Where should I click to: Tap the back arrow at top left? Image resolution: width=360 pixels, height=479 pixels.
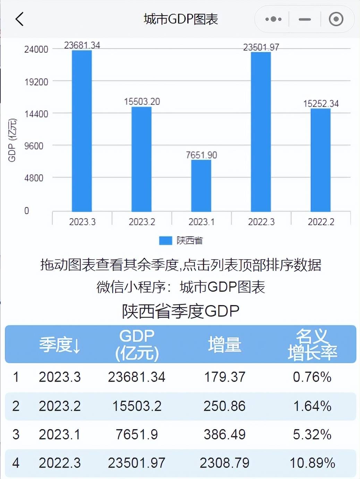point(20,19)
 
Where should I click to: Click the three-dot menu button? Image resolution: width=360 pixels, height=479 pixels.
point(273,19)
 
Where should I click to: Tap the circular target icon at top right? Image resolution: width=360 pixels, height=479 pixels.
point(336,19)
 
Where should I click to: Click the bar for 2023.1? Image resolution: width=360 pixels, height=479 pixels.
point(201,185)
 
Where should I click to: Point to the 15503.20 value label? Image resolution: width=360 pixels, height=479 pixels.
point(142,102)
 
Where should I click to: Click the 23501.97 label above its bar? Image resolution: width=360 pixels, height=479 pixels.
point(261,47)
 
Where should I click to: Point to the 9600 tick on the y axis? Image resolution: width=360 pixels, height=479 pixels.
point(34,146)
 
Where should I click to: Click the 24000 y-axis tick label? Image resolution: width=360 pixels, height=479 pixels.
point(36,49)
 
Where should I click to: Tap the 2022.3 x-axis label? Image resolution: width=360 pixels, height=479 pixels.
point(261,222)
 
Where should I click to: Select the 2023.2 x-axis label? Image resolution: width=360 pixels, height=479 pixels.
point(142,222)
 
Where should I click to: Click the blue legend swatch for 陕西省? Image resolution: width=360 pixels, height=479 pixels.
point(165,241)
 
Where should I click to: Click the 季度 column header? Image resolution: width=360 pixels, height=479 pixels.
point(59,345)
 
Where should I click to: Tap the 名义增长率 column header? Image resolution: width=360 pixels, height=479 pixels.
point(312,345)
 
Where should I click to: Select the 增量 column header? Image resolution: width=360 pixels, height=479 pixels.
point(224,345)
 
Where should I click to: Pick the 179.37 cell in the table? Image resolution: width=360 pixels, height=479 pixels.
point(224,377)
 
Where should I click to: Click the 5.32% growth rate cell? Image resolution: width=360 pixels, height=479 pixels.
point(312,434)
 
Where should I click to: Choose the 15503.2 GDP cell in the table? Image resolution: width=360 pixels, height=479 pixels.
point(137,406)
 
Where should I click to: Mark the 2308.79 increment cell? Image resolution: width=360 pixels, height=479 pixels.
point(224,463)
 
